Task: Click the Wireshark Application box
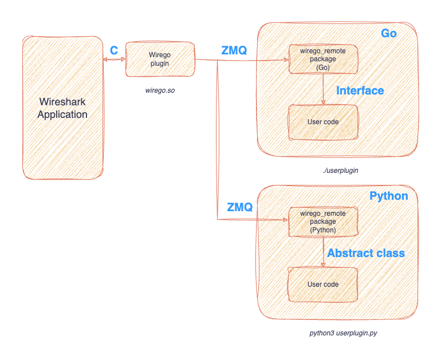coord(62,108)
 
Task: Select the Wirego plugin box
coord(160,59)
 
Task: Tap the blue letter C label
coord(114,50)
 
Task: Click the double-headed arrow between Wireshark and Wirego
coord(114,59)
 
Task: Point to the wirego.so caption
coord(160,91)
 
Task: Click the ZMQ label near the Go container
coord(234,50)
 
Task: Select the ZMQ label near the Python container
coord(239,207)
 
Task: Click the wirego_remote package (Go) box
coord(323,60)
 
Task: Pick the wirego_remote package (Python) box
coord(322,221)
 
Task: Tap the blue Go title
coord(389,34)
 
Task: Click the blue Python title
coord(389,196)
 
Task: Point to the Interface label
coord(360,90)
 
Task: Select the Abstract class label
coord(366,253)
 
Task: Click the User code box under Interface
coord(323,122)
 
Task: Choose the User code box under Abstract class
coord(322,284)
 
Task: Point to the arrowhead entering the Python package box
coord(285,220)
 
